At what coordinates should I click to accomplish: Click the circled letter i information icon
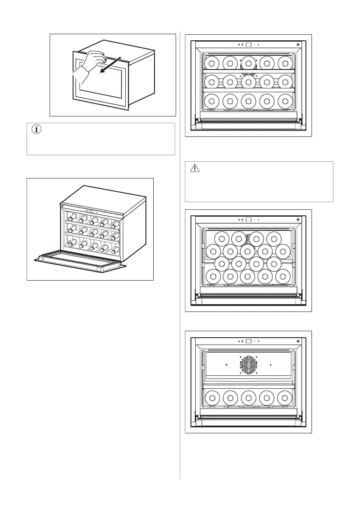[35, 130]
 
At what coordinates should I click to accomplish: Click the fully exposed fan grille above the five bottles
[248, 364]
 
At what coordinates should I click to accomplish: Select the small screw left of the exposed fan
[226, 364]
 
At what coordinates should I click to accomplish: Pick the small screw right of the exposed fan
[270, 364]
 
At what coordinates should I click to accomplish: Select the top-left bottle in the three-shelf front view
[212, 63]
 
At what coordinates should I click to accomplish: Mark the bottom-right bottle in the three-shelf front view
[285, 101]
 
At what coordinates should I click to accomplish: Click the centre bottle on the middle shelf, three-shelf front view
[248, 82]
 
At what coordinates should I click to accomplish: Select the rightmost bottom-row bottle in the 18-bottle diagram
[284, 276]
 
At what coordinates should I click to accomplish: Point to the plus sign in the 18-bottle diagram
[260, 220]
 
